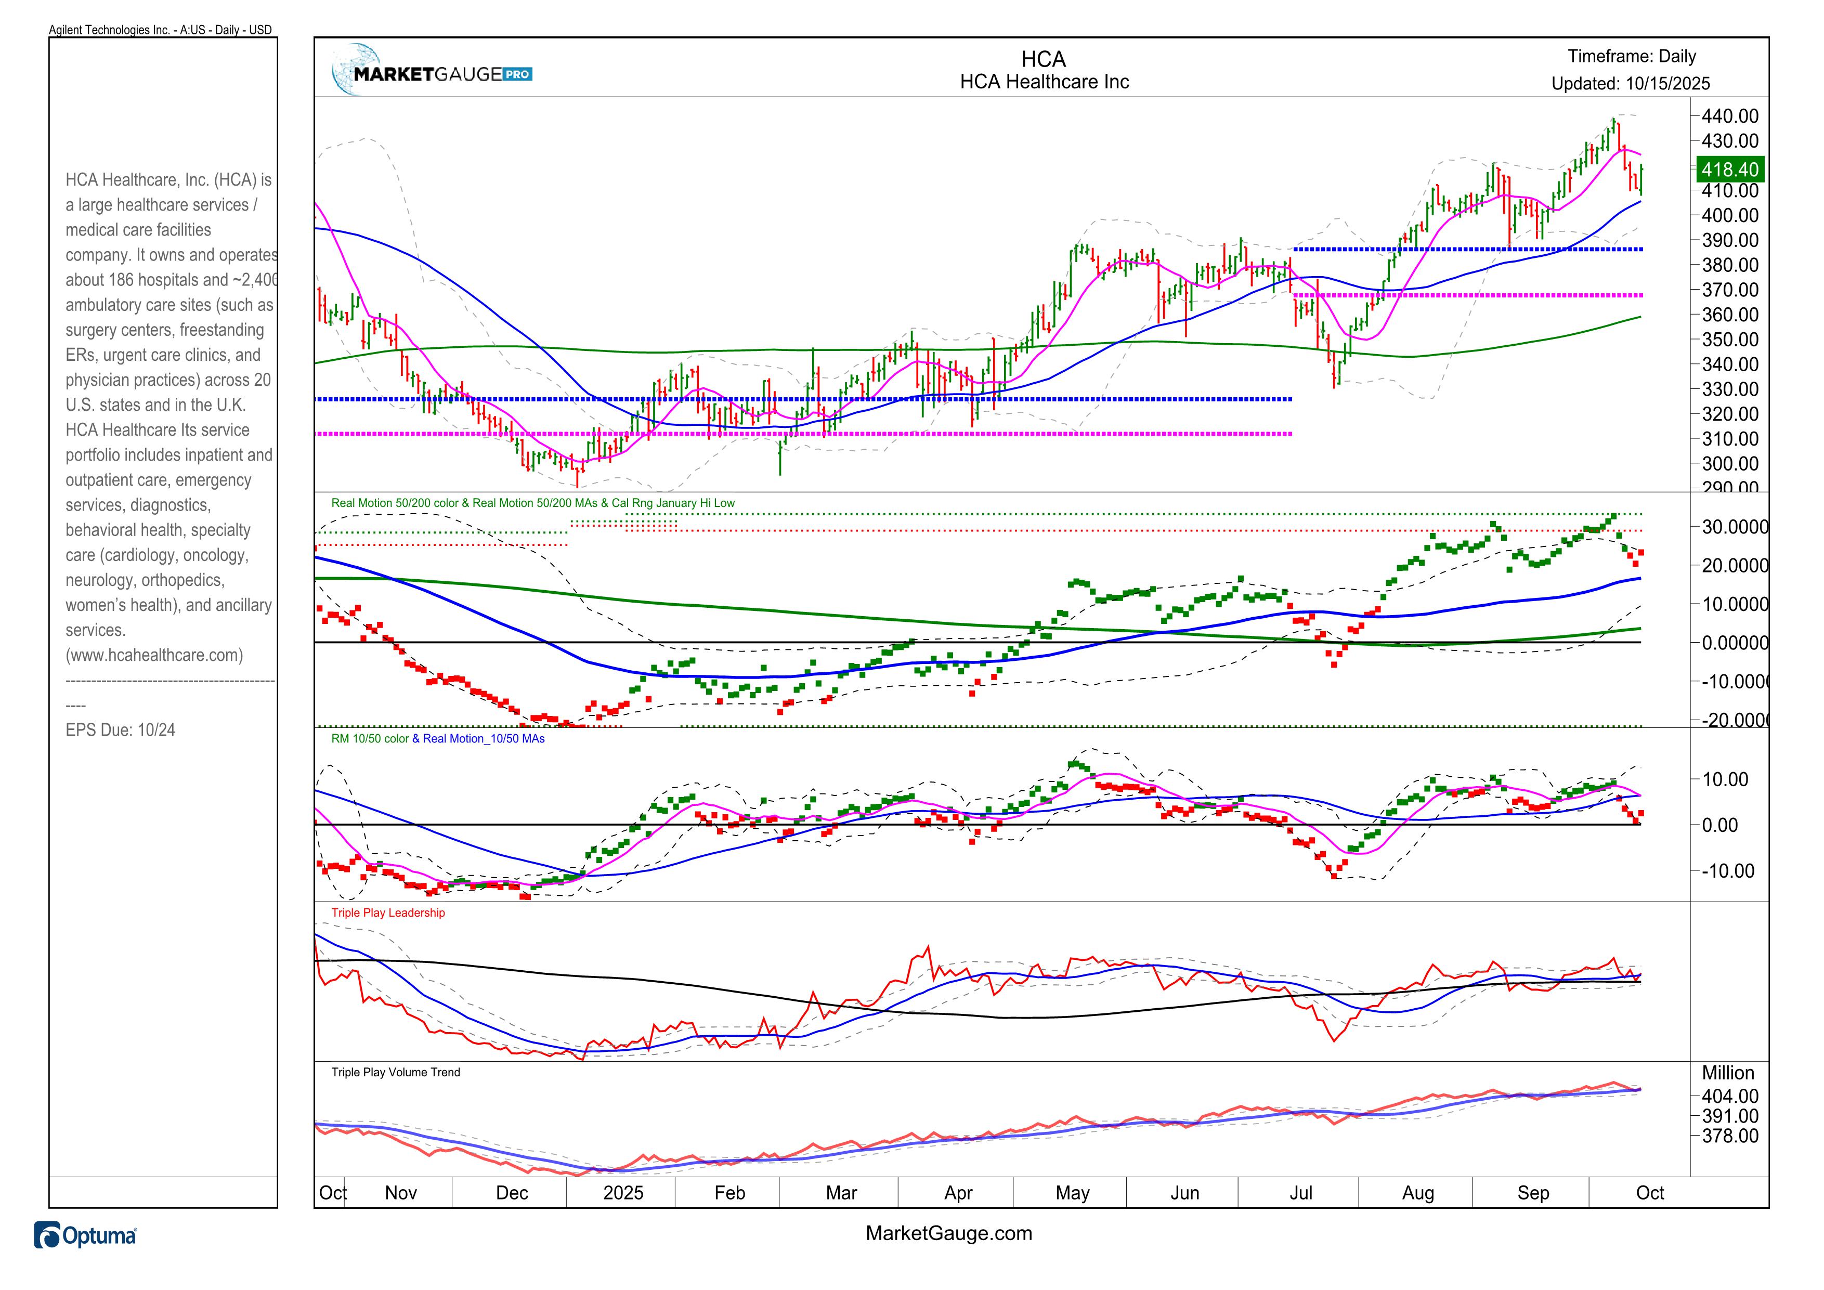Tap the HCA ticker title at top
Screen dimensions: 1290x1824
[1043, 60]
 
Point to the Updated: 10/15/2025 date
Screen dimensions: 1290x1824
[1630, 83]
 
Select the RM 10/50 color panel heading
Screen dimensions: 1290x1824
[369, 739]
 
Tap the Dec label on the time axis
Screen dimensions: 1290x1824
[512, 1193]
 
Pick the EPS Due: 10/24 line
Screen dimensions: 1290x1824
[121, 730]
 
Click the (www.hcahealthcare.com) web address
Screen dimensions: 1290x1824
[154, 655]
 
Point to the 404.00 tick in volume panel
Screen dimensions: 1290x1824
[1729, 1096]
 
